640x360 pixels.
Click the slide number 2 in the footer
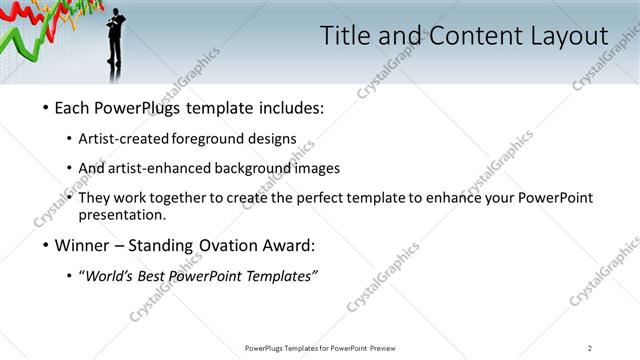(590, 347)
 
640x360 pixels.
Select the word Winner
(81, 245)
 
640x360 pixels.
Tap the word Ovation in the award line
(216, 245)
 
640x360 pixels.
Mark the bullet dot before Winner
(45, 246)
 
